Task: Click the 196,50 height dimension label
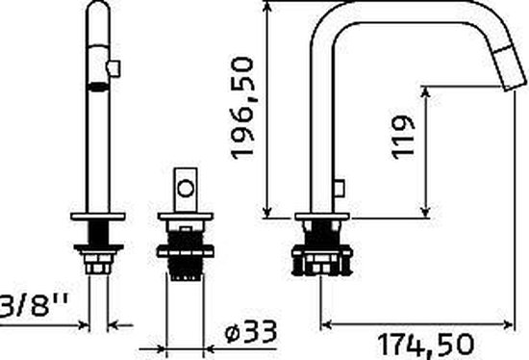coord(241,108)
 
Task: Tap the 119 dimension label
coord(403,137)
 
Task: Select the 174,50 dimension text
coord(426,346)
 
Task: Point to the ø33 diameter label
coord(251,332)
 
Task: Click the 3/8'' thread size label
coord(33,305)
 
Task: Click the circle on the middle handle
coord(186,189)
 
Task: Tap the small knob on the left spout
coord(113,68)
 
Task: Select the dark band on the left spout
coord(98,88)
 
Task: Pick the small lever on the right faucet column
coord(340,189)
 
